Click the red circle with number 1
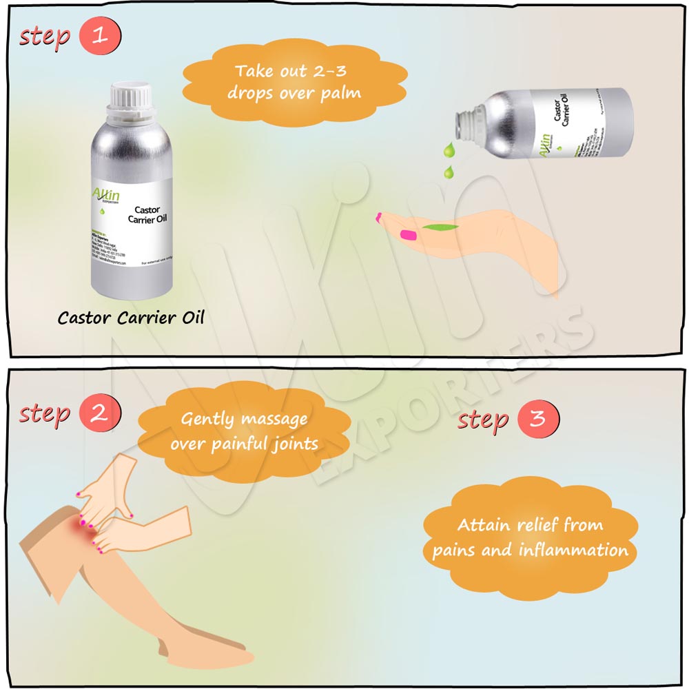click(x=100, y=36)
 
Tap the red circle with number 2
click(x=100, y=413)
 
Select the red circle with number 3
click(x=537, y=420)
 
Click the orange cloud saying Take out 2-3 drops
click(x=294, y=82)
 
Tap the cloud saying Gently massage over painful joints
click(x=245, y=431)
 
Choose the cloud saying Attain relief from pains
click(x=531, y=538)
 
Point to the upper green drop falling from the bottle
click(x=449, y=150)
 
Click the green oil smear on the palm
click(x=436, y=225)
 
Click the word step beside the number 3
click(x=483, y=420)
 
